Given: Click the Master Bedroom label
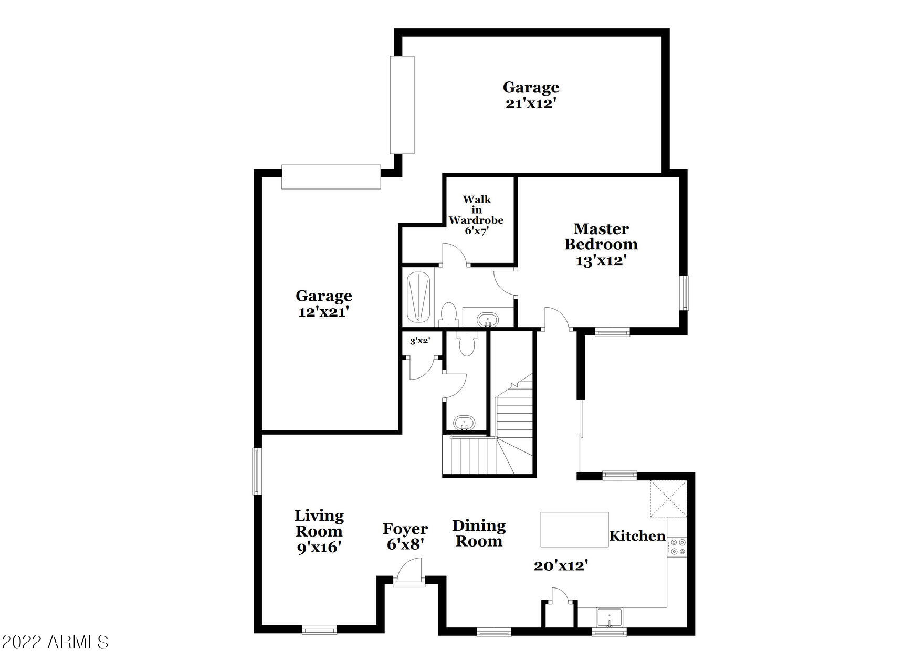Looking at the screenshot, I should (601, 237).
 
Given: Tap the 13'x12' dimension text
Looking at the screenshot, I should (601, 260).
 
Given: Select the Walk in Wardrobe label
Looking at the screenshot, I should (476, 209).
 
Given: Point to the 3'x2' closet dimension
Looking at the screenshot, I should (420, 341).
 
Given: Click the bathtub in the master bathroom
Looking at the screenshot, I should (419, 297).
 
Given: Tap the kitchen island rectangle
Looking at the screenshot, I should (574, 530).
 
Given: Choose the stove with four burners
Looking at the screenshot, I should (676, 547).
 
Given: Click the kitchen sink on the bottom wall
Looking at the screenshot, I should (609, 618).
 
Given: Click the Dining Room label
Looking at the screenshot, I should (479, 533).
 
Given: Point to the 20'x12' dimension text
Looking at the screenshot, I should (561, 566).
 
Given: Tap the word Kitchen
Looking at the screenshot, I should (637, 536).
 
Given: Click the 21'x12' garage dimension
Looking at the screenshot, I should (531, 103).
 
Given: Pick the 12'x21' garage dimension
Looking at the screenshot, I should (324, 312).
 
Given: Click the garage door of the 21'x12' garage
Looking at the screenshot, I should (402, 104).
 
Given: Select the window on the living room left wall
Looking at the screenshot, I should (257, 471).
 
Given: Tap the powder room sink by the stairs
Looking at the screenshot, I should (464, 423).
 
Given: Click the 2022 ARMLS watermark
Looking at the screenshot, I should (55, 642).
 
